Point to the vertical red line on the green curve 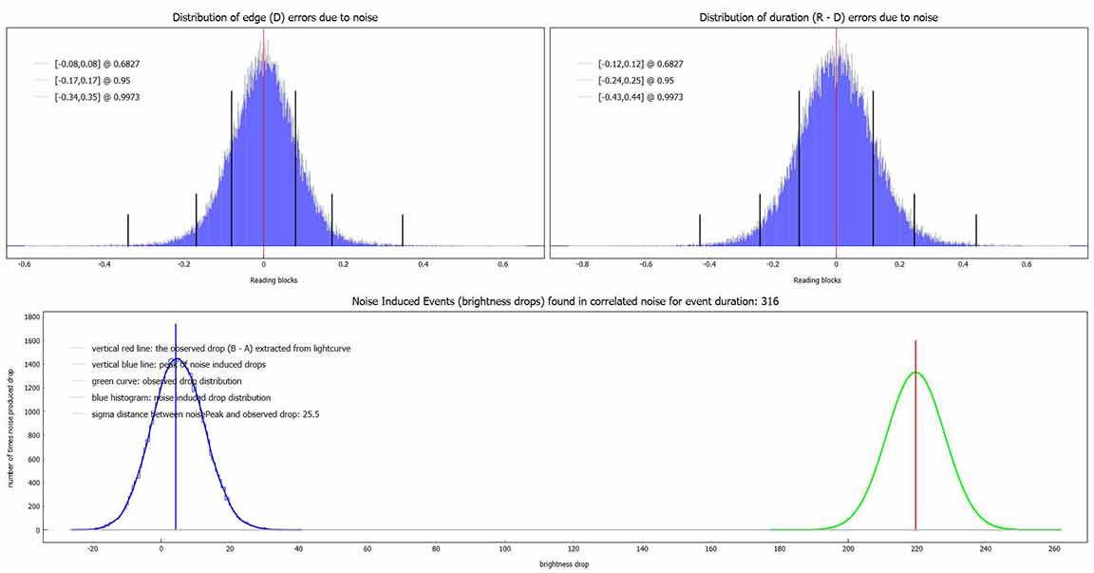915,456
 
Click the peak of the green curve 915,372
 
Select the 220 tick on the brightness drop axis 915,548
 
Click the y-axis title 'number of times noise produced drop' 9,423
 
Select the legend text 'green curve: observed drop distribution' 167,381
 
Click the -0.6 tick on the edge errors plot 23,264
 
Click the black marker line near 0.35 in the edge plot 403,230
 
